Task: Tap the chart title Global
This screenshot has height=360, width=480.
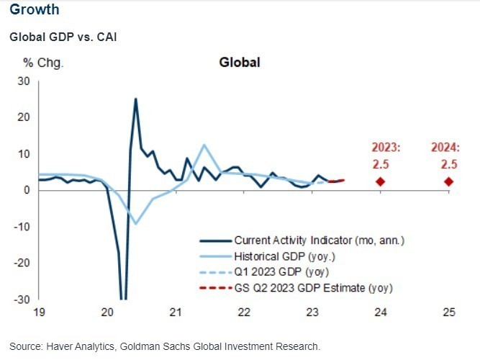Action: pos(239,63)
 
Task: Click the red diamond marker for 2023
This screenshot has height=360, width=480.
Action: pos(381,181)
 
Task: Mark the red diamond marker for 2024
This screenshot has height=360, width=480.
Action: pos(449,181)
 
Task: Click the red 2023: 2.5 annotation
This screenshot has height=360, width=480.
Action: pos(381,155)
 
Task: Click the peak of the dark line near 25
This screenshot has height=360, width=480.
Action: pos(135,99)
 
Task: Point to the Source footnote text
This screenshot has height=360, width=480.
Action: pos(164,346)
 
